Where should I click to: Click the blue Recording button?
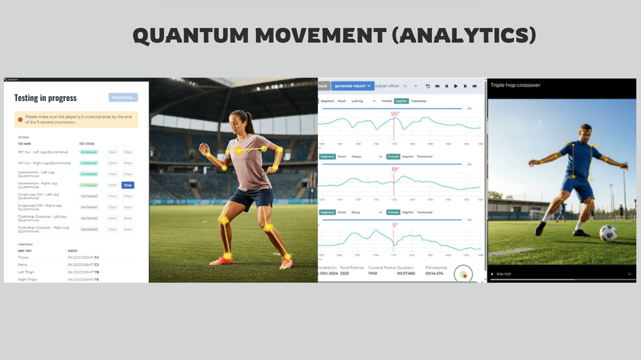tap(123, 97)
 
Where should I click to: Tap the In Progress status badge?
tap(89, 185)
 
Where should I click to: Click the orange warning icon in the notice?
tap(20, 120)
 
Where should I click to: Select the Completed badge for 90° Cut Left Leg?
tap(89, 152)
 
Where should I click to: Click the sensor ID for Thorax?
tap(83, 258)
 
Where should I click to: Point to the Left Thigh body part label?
tap(26, 272)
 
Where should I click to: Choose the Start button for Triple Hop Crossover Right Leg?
tap(113, 229)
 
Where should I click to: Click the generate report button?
tap(352, 86)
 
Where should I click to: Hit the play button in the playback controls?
tap(456, 86)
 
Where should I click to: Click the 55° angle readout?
tap(395, 114)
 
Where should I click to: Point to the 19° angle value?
tap(395, 169)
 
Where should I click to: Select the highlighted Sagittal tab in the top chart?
tap(401, 101)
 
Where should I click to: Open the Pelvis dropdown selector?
tap(366, 213)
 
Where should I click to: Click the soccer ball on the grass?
tap(608, 233)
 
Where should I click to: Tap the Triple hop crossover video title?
tap(515, 85)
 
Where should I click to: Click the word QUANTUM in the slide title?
tap(191, 36)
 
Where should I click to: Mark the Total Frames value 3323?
tap(345, 274)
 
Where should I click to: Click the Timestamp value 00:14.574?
tap(434, 274)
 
